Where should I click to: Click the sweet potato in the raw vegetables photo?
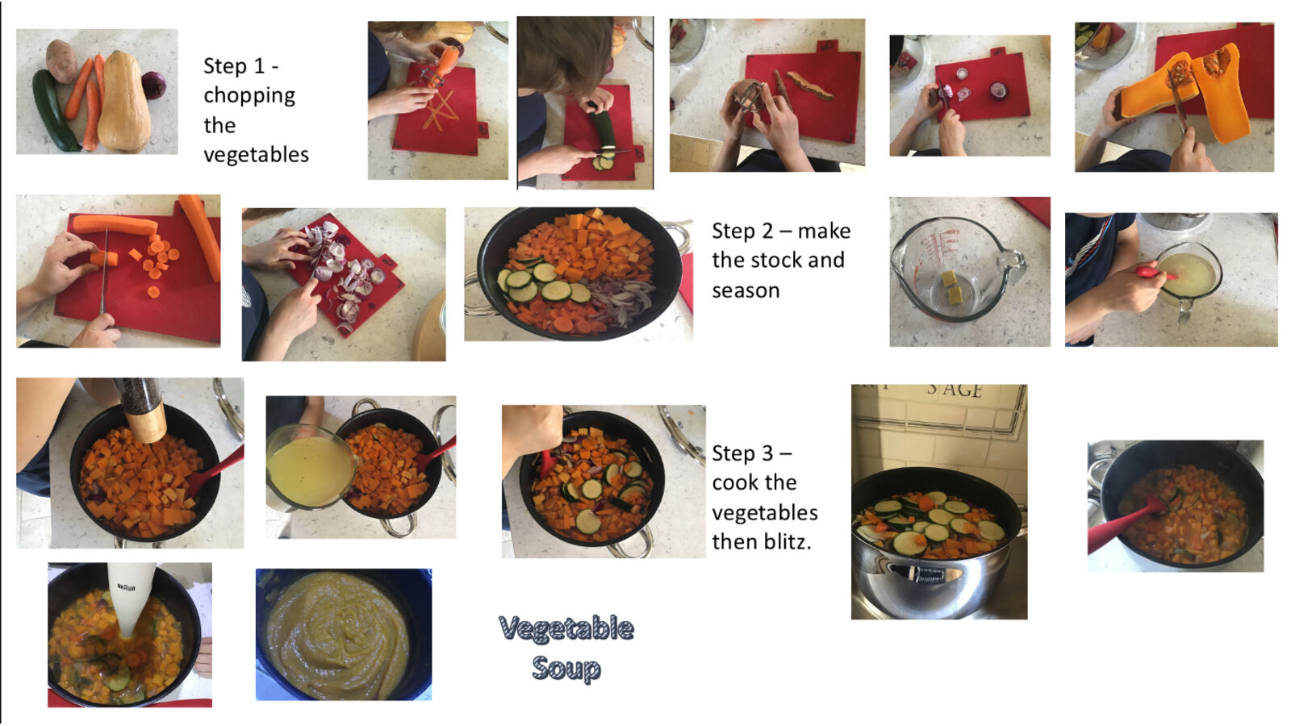point(61,60)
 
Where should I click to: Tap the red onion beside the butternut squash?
point(154,86)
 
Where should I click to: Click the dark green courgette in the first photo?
point(55,110)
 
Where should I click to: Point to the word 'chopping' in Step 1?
point(249,96)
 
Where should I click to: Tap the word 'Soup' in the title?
point(566,669)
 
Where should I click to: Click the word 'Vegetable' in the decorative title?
point(566,629)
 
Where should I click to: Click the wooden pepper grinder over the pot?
point(142,409)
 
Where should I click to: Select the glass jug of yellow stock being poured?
point(310,468)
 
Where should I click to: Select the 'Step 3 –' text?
point(752,453)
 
